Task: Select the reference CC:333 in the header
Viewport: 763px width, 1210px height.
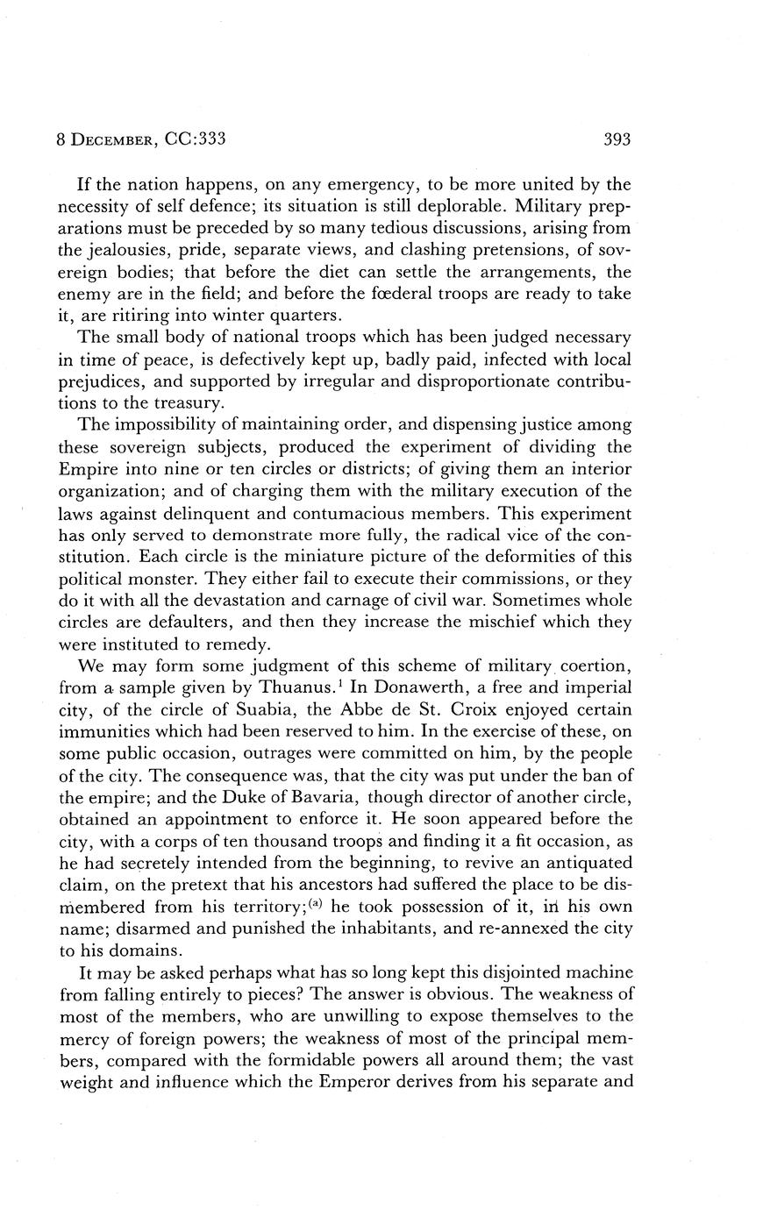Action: pyautogui.click(x=190, y=139)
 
